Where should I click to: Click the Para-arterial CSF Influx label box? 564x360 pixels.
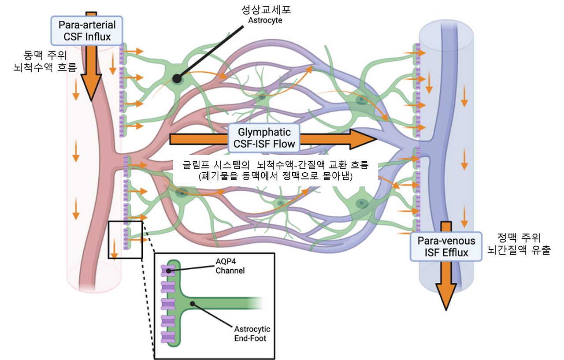[87, 30]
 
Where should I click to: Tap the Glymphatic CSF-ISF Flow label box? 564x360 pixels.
[264, 137]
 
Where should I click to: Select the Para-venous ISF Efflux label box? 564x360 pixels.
[446, 247]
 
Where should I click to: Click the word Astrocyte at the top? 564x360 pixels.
[265, 20]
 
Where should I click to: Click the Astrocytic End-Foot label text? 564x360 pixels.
[252, 334]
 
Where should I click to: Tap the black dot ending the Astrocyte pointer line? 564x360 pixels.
[177, 78]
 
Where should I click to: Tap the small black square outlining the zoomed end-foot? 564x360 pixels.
[126, 240]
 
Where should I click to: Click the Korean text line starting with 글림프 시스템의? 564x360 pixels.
[275, 166]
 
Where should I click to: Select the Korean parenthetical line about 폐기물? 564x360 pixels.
[275, 176]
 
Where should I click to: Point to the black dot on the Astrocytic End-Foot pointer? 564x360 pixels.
[193, 304]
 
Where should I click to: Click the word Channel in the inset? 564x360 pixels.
[230, 270]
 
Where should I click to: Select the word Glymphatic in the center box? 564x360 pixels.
[264, 132]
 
